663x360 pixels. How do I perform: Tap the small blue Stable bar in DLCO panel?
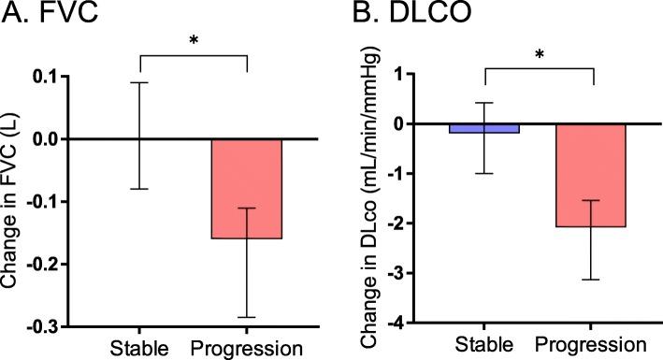[x=483, y=128]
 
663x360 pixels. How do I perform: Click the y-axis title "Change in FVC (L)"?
[x=13, y=201]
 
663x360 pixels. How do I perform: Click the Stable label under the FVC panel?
[x=139, y=348]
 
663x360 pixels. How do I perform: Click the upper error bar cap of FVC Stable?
[x=139, y=82]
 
